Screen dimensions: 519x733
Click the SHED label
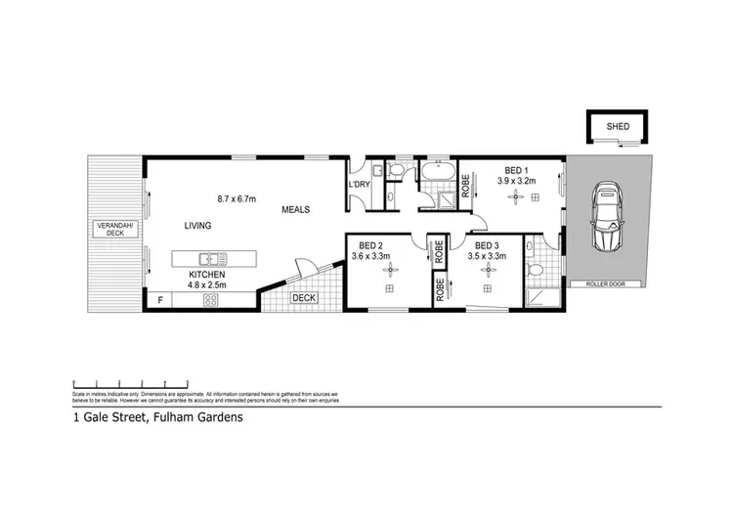click(x=618, y=127)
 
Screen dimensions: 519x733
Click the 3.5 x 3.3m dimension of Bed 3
click(x=489, y=256)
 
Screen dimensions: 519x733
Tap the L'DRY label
click(x=358, y=185)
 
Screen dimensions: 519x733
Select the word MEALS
click(x=297, y=209)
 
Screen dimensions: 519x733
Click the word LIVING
click(x=197, y=226)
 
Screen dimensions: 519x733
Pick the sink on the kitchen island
click(x=210, y=259)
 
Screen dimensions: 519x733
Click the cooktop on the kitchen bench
click(x=210, y=301)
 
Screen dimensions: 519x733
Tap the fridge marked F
click(x=160, y=300)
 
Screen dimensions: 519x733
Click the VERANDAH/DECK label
click(x=115, y=231)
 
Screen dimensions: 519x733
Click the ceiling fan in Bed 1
click(x=515, y=196)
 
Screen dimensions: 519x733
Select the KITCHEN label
click(x=207, y=276)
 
